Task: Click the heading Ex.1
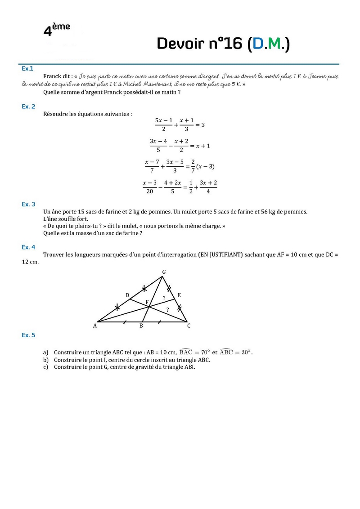click(x=27, y=68)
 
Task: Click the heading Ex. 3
click(x=28, y=204)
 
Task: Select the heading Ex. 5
click(x=28, y=335)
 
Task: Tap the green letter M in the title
click(x=274, y=44)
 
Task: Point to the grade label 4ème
click(x=56, y=29)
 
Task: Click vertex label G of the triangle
click(x=164, y=272)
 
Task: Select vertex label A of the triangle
click(x=95, y=326)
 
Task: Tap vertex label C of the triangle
click(x=189, y=326)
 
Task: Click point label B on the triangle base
click(x=141, y=326)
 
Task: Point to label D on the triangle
click(x=127, y=295)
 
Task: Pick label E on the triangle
click(x=179, y=295)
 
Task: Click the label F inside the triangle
click(x=146, y=302)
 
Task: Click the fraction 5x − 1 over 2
click(x=164, y=125)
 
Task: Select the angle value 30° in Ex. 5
click(x=246, y=353)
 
